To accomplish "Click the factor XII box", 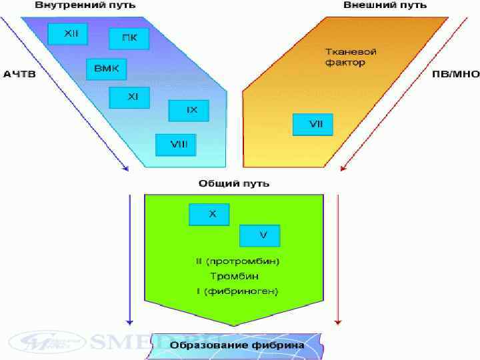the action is [x=68, y=34].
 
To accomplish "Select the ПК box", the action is [x=129, y=39].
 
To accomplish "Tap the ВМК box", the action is [x=106, y=69].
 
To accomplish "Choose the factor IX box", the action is [x=189, y=111].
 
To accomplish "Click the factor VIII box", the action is [x=175, y=144].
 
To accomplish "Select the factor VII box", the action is [x=313, y=124].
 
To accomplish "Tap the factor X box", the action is [x=209, y=215].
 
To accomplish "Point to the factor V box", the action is [x=260, y=235].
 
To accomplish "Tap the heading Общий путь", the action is [x=234, y=183].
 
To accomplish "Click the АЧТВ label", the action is [x=19, y=74].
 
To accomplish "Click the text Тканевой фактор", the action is [x=345, y=57].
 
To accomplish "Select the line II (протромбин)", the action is [x=237, y=261].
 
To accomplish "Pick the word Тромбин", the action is [x=235, y=276].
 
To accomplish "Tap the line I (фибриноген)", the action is [x=237, y=291].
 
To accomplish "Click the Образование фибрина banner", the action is [x=237, y=345].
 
